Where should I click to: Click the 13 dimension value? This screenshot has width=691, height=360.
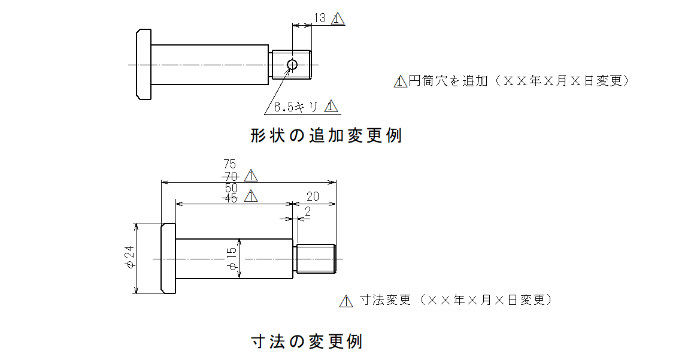320,18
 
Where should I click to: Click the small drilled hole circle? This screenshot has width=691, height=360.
292,65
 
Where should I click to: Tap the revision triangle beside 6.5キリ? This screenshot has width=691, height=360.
331,106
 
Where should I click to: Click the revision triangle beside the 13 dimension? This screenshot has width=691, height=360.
338,19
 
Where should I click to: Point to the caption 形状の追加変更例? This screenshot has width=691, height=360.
326,135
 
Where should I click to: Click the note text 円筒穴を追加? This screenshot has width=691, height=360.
448,81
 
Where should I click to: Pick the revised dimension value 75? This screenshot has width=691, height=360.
229,164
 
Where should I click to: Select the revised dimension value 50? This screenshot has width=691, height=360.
231,187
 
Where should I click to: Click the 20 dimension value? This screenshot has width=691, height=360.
313,196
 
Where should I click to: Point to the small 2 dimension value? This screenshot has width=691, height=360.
308,211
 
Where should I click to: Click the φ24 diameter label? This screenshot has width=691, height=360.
129,258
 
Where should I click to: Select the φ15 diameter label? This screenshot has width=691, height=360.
232,259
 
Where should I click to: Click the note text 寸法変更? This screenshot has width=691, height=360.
386,300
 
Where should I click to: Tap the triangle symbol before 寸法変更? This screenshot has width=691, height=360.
346,301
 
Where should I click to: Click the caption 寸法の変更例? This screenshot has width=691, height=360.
307,341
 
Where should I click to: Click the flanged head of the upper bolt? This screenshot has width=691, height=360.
144,64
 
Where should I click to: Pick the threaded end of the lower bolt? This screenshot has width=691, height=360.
316,259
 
